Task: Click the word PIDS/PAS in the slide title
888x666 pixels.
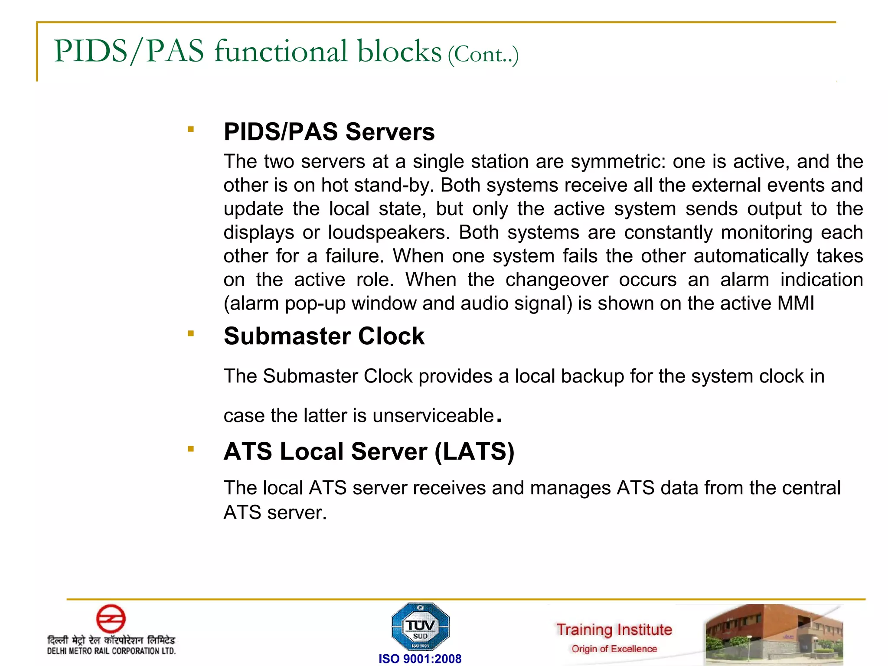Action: point(129,51)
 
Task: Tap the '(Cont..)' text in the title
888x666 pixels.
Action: point(483,55)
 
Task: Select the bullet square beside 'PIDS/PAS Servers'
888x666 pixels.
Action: point(190,129)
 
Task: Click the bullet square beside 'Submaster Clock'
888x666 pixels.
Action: point(190,333)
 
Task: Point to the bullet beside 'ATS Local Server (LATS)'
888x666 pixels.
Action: point(190,449)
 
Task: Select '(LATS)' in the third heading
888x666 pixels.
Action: point(474,452)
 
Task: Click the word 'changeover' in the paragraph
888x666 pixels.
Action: point(557,280)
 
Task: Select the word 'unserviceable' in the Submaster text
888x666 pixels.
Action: point(433,416)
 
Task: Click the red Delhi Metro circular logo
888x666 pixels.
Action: point(111,618)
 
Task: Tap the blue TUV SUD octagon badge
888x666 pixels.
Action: point(420,627)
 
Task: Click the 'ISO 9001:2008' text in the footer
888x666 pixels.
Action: point(420,659)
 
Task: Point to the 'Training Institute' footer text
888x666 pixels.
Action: point(614,630)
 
